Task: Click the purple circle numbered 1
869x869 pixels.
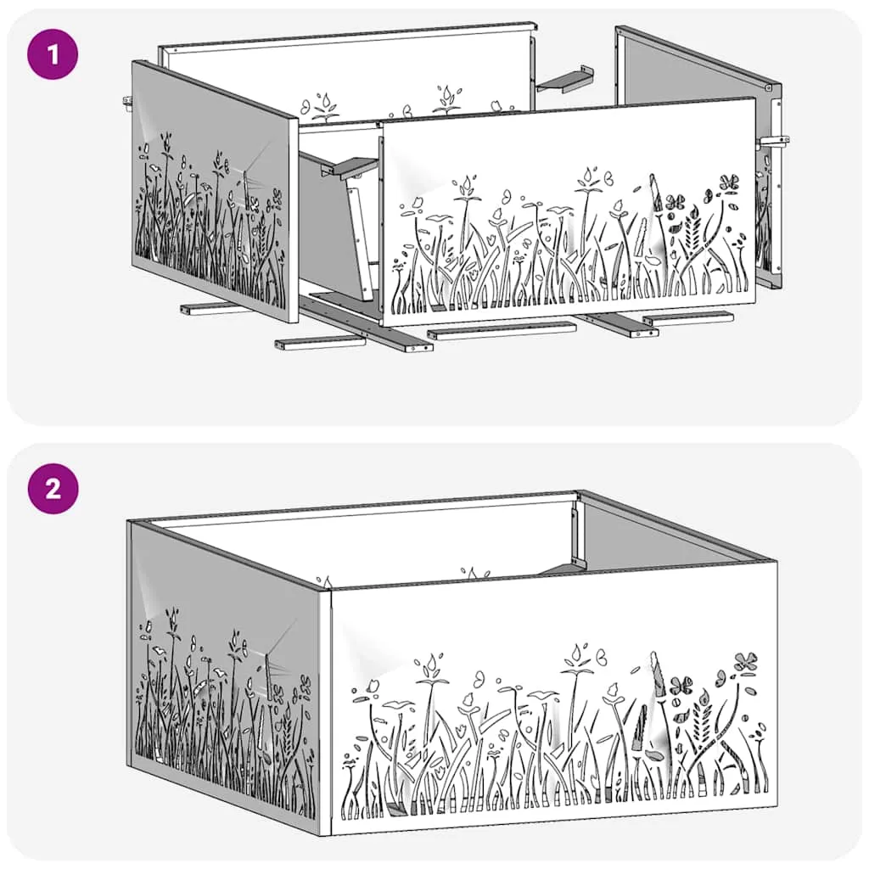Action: pos(53,54)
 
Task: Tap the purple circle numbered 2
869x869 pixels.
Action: pos(53,488)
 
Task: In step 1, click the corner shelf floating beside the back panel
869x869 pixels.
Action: pos(564,80)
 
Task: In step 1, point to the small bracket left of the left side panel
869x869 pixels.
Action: pos(127,101)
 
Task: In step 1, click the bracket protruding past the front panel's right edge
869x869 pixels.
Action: pos(775,142)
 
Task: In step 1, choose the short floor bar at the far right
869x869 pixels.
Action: pos(688,318)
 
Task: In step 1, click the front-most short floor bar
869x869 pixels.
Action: pos(320,343)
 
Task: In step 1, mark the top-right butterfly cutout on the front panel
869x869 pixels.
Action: pos(729,182)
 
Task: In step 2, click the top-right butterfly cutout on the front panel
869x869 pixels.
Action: pos(746,662)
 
